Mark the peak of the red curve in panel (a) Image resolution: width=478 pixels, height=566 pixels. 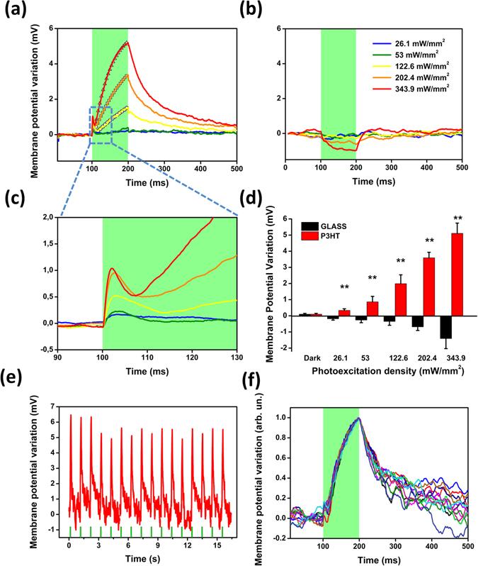(x=127, y=43)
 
